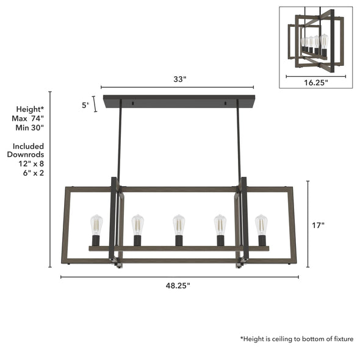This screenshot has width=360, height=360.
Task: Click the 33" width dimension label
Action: tap(178, 79)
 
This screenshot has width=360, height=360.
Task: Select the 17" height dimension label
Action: tap(319, 225)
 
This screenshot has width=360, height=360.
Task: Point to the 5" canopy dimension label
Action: tap(85, 105)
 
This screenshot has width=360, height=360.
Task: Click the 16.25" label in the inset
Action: tap(315, 83)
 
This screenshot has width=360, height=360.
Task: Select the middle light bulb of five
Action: tap(178, 225)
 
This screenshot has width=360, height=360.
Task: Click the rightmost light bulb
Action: tap(261, 225)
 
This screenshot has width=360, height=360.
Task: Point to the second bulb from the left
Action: tap(137, 225)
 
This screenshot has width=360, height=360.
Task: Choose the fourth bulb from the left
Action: tap(220, 225)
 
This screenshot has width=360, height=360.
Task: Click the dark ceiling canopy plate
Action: tap(178, 101)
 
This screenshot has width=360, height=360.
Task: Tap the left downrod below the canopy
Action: tap(120, 143)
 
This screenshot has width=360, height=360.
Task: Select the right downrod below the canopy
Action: tap(238, 143)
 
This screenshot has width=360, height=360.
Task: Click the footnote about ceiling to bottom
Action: tap(297, 339)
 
